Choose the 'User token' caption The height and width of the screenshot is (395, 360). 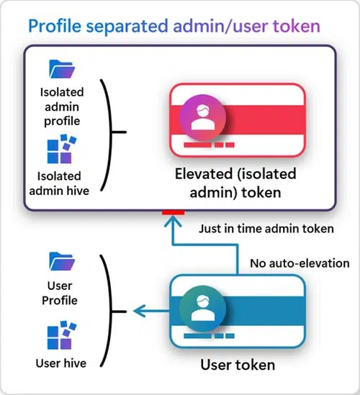(x=237, y=365)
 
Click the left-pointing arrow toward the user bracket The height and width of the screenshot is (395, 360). (x=137, y=310)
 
